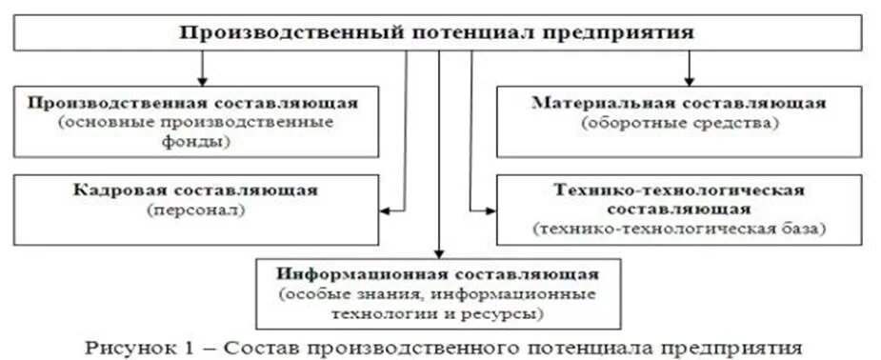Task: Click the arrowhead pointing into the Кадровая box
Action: (x=384, y=209)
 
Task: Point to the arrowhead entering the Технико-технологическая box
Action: (x=490, y=209)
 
